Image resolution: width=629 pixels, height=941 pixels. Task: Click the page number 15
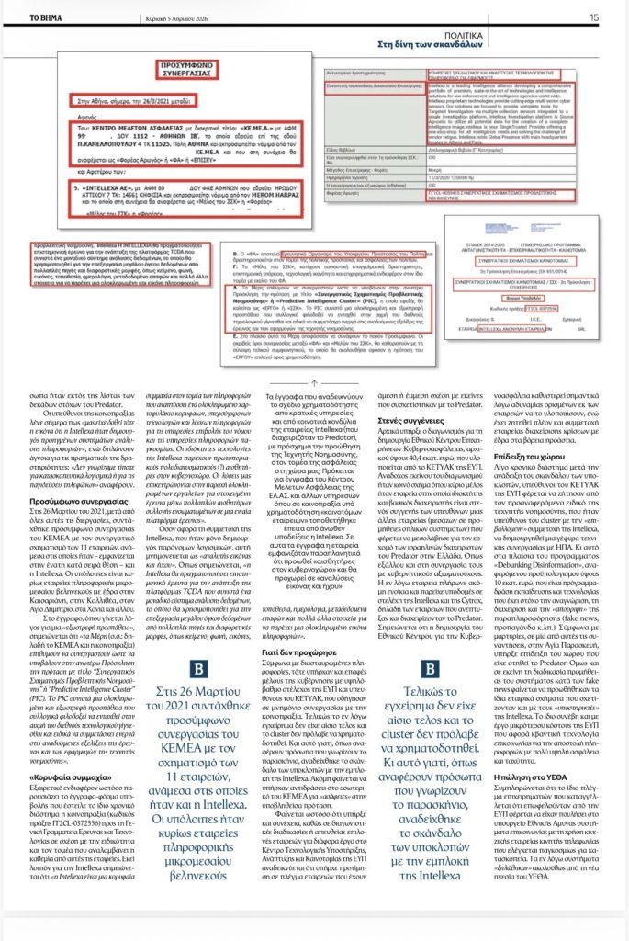[x=594, y=17]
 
